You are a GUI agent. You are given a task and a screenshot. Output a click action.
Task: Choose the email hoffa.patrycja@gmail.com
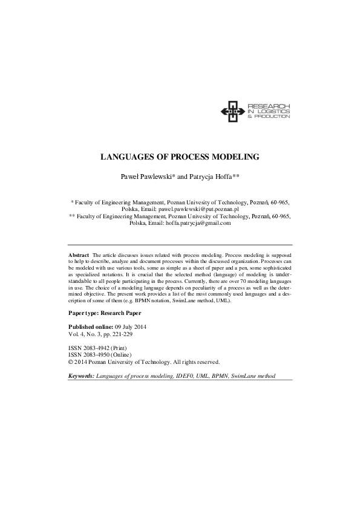coord(198,222)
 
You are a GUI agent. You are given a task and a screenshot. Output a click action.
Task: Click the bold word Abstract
coord(79,256)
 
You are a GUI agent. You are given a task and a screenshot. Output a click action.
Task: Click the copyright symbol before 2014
coord(71,362)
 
